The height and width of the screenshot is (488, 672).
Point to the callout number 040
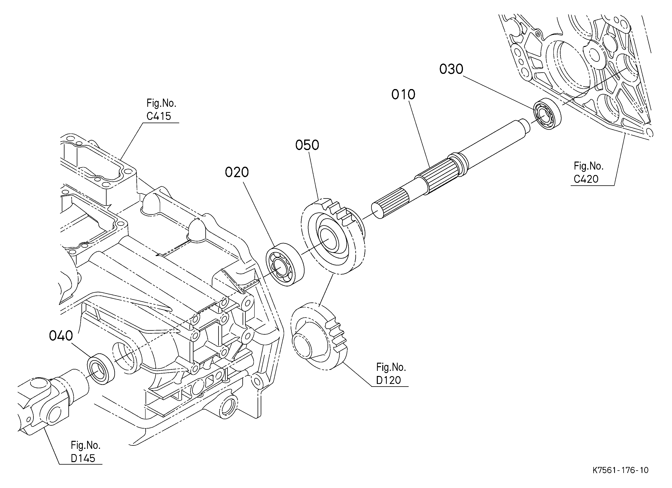coord(61,336)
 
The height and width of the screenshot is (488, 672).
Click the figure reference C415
coord(159,116)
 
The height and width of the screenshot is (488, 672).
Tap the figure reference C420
coord(586,179)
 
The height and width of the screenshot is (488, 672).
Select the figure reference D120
coord(389,380)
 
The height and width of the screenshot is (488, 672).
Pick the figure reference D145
coord(83,458)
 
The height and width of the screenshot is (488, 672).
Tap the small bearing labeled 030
coord(547,114)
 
